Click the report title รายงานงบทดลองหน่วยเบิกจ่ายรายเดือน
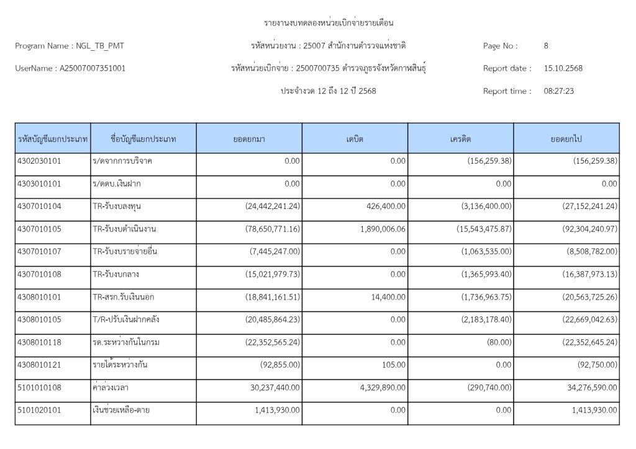coord(329,23)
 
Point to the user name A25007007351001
coord(92,68)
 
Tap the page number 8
coord(546,46)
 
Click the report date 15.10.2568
coord(563,68)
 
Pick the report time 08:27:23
coord(558,91)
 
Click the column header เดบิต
coord(355,139)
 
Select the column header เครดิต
coord(460,139)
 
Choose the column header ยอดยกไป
coord(566,139)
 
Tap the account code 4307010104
coord(39,206)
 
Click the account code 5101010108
coord(39,387)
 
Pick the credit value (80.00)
coord(500,342)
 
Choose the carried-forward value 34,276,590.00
coord(586,387)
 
